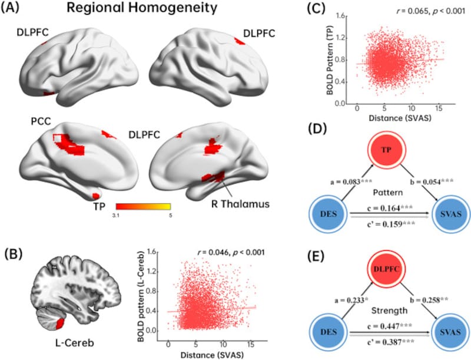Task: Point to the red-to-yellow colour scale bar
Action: tap(143, 207)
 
